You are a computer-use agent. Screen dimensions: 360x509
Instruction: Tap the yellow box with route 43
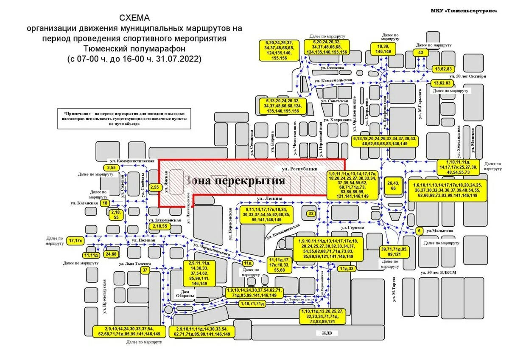pos(420,53)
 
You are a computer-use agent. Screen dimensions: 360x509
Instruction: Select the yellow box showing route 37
pos(145,270)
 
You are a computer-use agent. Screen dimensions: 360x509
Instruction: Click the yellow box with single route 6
pos(420,231)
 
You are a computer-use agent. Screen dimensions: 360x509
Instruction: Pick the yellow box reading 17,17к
pos(75,241)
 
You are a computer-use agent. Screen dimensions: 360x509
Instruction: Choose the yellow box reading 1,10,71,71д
pos(252,304)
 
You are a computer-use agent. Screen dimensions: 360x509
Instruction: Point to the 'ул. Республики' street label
pos(300,169)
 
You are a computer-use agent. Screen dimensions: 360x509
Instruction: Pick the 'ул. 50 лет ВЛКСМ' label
pos(437,272)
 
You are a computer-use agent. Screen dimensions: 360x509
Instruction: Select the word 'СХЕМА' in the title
pos(134,19)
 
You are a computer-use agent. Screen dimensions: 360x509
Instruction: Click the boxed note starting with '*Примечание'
pos(124,118)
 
